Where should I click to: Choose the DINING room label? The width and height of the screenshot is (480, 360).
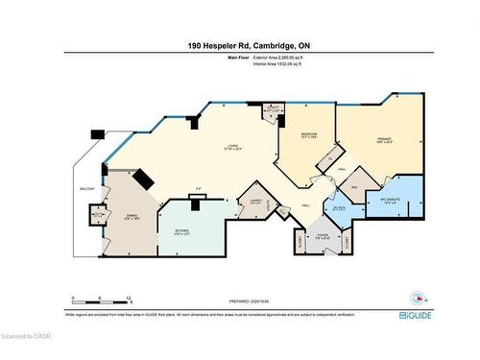tap(133, 217)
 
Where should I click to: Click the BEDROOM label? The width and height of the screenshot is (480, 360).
tap(309, 136)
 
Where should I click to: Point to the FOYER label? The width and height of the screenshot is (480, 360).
tap(323, 236)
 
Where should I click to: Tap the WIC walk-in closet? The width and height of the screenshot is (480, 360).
tap(353, 187)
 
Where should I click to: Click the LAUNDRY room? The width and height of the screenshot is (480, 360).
tap(255, 202)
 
